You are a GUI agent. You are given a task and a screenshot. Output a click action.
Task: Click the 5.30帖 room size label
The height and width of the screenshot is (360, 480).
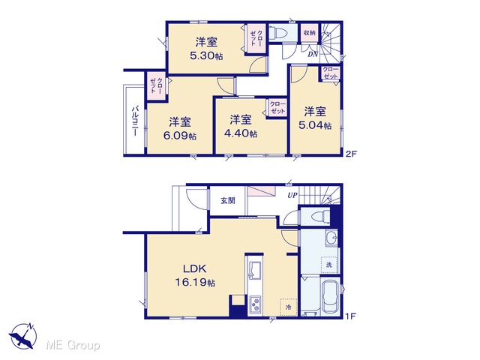click(206, 56)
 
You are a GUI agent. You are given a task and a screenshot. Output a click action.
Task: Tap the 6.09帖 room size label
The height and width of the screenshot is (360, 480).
click(180, 136)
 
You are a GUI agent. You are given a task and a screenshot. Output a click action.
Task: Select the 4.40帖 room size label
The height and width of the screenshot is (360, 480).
click(241, 133)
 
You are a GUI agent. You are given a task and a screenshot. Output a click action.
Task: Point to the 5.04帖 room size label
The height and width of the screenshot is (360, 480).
click(315, 125)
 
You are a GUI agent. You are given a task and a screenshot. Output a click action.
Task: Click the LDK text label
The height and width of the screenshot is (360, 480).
click(195, 268)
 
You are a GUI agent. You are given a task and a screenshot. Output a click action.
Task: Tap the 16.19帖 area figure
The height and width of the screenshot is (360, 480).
click(195, 282)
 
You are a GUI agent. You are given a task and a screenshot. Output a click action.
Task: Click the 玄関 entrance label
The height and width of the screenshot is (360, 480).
click(228, 201)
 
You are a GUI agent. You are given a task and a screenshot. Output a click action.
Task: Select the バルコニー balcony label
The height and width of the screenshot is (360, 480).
click(135, 121)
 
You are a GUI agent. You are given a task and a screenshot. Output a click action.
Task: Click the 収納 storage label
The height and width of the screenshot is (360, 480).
click(310, 32)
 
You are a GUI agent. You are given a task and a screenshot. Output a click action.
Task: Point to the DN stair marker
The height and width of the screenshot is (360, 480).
click(313, 55)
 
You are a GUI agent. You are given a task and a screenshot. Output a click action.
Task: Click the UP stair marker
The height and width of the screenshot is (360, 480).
click(292, 195)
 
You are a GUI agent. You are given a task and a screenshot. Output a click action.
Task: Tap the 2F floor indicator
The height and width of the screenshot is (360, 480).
click(351, 154)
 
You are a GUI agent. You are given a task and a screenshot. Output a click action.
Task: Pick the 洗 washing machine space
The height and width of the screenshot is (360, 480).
click(329, 265)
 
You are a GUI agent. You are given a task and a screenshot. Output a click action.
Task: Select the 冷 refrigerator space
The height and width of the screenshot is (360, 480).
click(288, 307)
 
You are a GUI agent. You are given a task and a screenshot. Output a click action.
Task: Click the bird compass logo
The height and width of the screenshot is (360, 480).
click(23, 336)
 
